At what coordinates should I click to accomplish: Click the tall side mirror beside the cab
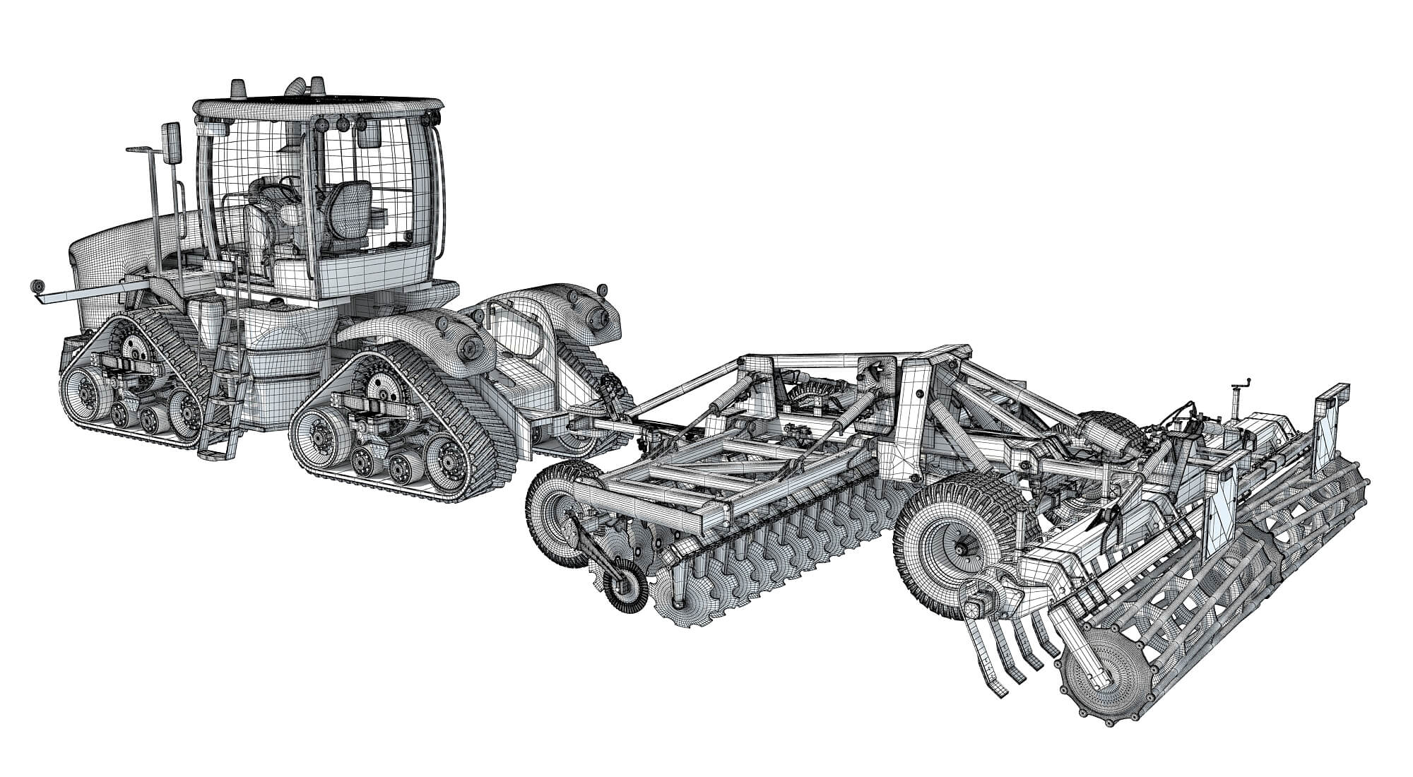pos(171,144)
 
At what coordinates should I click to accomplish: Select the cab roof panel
pos(318,107)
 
